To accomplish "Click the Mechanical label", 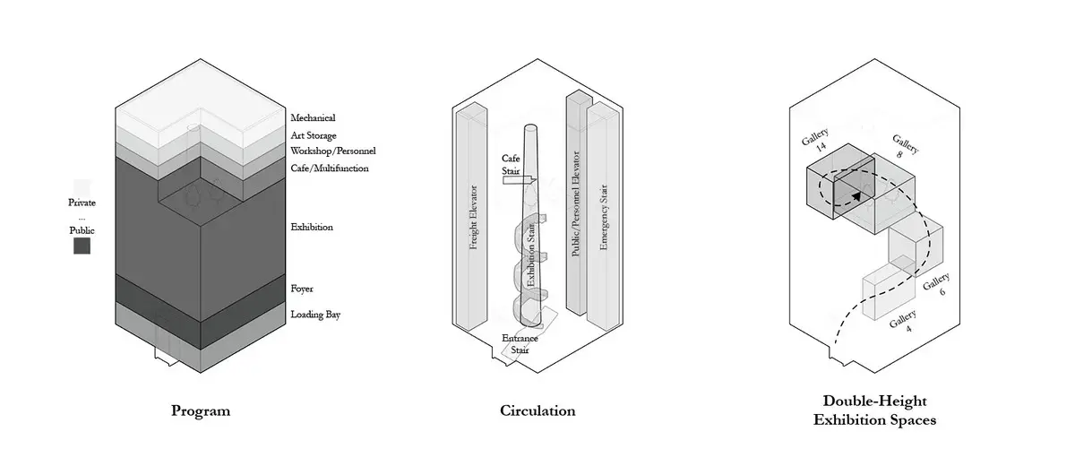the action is (313, 117).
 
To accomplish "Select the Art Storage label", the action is (314, 136).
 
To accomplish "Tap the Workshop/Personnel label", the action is (333, 151).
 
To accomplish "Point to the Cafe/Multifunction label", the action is (330, 168).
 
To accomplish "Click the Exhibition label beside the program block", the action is (312, 227).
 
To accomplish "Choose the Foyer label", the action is (302, 289).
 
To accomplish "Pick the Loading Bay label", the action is (315, 315).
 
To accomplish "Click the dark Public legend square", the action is (82, 246).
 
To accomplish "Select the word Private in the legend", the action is (82, 203).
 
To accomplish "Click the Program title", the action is (201, 411).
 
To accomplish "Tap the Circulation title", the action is (537, 410).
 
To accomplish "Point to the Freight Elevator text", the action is (473, 218).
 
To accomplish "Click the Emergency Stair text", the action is (603, 217).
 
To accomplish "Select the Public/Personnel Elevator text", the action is (576, 203).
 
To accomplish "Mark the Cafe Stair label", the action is (511, 165).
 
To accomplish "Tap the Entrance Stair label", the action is (520, 344).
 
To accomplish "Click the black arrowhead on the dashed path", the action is (856, 195).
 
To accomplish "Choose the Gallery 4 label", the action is (904, 322).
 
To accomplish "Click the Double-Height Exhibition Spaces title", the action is (874, 410).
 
